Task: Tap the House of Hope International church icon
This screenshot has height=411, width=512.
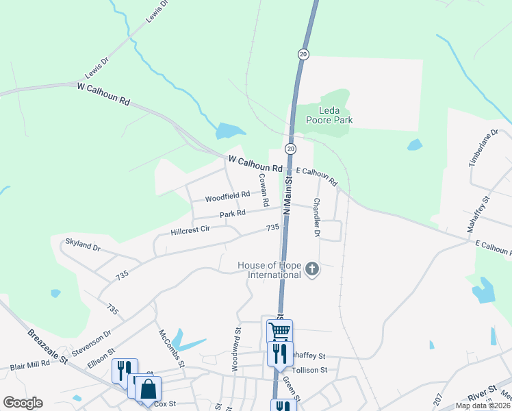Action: [x=312, y=269]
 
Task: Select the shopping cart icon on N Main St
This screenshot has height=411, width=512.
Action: [x=279, y=332]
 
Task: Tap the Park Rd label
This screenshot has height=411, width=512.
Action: [x=232, y=214]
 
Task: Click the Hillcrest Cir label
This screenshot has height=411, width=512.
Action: [x=190, y=230]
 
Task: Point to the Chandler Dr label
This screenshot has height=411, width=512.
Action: [x=316, y=218]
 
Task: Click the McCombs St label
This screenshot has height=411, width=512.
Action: [x=172, y=349]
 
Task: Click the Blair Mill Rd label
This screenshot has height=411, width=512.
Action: [x=30, y=365]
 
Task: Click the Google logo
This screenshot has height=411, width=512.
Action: [x=23, y=403]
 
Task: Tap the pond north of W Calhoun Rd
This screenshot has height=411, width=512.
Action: [x=230, y=130]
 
